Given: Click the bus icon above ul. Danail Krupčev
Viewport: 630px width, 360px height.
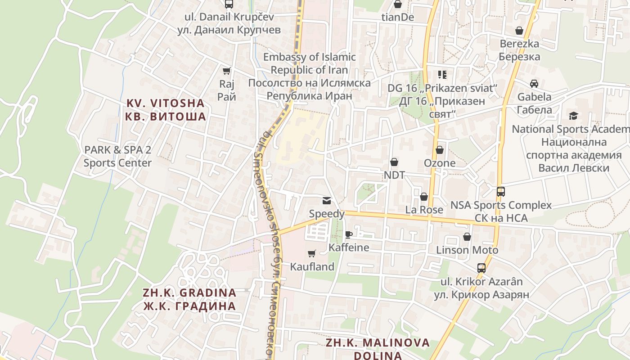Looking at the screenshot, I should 229,4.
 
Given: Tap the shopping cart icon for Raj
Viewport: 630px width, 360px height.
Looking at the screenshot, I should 227,71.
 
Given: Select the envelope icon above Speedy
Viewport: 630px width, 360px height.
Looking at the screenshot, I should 326,201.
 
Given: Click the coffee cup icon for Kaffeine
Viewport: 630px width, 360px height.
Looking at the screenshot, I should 348,234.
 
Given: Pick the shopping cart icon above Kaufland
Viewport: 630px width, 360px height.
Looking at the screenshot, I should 311,253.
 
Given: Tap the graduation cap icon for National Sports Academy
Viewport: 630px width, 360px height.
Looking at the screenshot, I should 573,116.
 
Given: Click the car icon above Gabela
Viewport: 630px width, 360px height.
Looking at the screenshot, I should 534,84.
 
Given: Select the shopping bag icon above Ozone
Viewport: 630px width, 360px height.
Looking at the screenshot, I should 439,150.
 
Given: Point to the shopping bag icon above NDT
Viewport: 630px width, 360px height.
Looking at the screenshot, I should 394,162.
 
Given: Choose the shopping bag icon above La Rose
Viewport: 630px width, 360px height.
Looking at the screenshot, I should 423,197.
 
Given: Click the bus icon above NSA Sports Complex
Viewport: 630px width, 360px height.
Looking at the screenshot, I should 501,192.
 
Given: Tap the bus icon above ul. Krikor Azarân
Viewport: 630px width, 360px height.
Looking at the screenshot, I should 481,268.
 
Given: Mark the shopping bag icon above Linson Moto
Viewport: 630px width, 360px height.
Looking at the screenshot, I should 467,237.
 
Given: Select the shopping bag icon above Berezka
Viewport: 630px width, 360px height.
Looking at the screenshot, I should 519,31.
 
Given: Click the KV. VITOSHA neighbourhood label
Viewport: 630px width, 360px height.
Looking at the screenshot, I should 165,110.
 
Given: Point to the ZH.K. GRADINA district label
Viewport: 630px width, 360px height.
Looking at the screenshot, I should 189,299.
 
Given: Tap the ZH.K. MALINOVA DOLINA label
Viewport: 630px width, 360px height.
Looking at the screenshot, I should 378,349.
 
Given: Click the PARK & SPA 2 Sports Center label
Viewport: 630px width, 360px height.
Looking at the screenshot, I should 117,156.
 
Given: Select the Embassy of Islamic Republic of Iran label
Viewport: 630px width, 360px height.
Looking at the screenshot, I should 309,76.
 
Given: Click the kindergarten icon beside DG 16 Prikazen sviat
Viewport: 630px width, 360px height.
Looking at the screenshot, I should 442,75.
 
